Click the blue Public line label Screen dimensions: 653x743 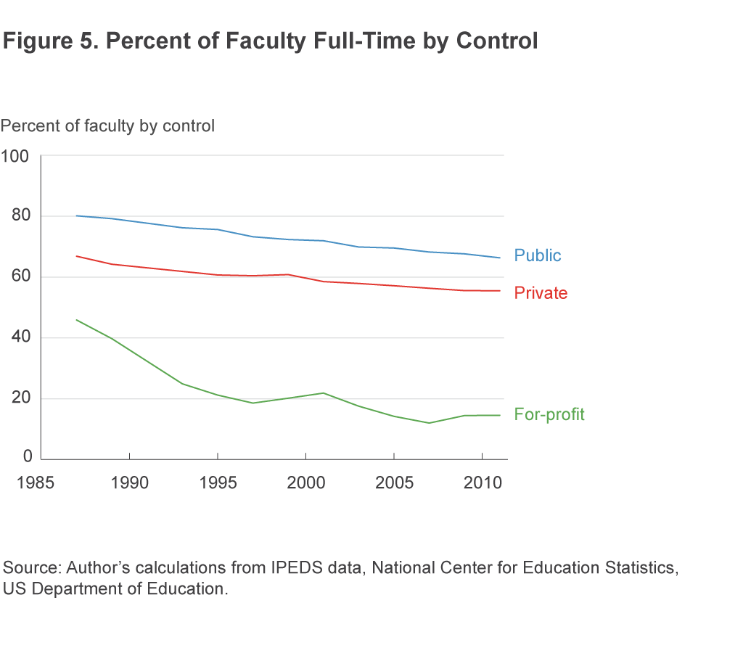pos(538,255)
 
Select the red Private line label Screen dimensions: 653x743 pos(541,293)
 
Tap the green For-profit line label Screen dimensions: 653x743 pos(549,414)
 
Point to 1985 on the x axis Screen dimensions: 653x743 pos(41,482)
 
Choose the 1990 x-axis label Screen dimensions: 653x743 pos(129,482)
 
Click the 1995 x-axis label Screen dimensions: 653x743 pos(218,482)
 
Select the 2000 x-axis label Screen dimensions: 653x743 pos(305,482)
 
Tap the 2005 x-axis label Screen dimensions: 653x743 pos(393,482)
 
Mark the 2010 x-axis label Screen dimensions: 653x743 pos(482,482)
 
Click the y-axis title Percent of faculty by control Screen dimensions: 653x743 pos(108,126)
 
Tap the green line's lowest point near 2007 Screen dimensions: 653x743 pos(429,423)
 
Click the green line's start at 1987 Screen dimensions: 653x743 pos(77,320)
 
